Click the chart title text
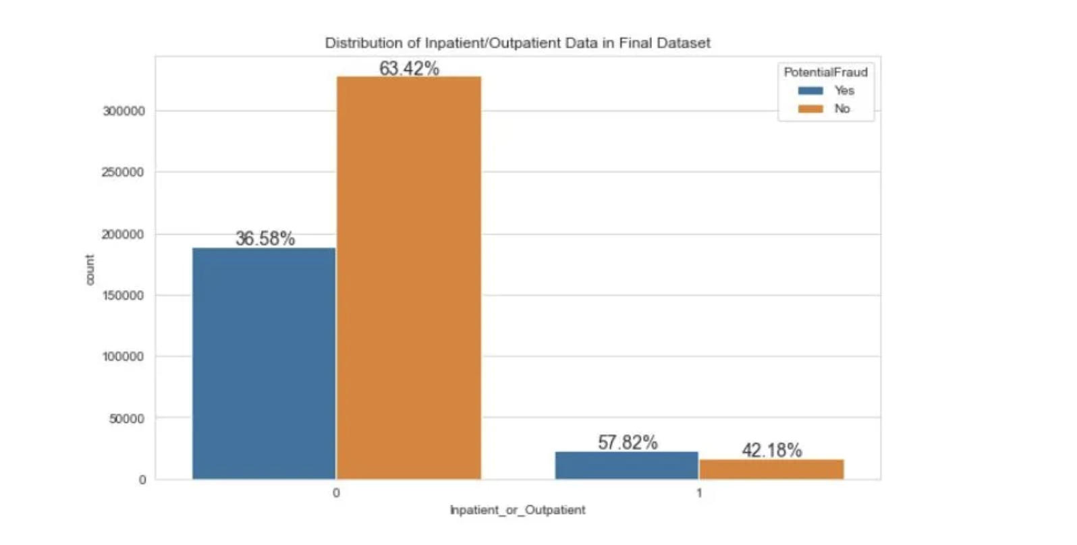[x=517, y=43]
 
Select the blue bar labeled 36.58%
[x=264, y=364]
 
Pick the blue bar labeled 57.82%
[x=626, y=465]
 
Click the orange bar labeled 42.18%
[x=771, y=469]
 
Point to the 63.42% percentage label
[x=409, y=68]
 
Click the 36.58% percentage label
[x=265, y=238]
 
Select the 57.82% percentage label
[x=627, y=442]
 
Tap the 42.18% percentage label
[x=771, y=450]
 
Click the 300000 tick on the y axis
[x=123, y=111]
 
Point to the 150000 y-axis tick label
[x=123, y=295]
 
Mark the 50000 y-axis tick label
[x=127, y=419]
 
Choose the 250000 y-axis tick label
[x=123, y=173]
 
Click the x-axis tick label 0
[x=336, y=493]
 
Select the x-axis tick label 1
[x=699, y=493]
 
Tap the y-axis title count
[x=90, y=269]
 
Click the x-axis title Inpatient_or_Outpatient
[x=518, y=510]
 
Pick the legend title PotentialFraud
[x=825, y=72]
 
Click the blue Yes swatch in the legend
[x=810, y=90]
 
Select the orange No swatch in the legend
[x=810, y=109]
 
